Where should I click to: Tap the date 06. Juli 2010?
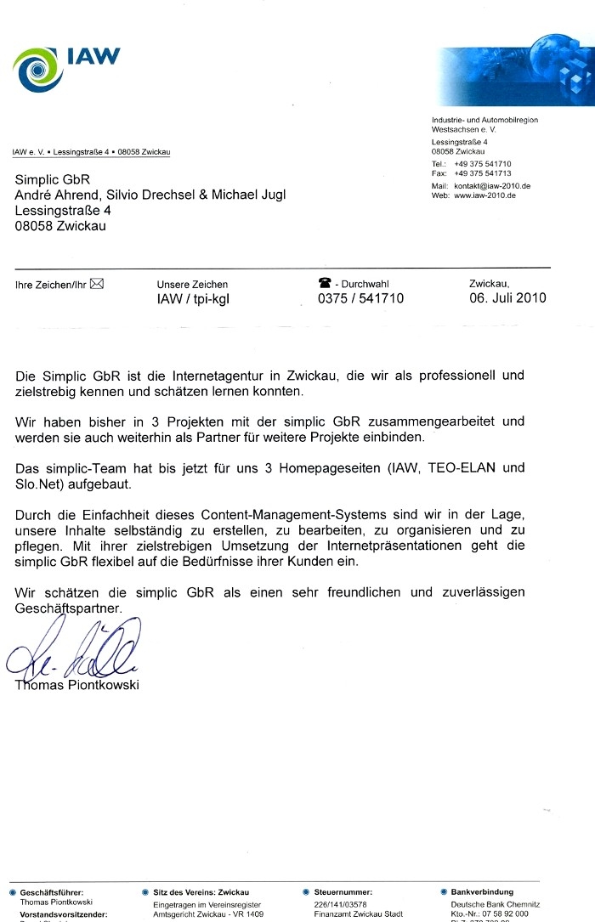[x=507, y=298]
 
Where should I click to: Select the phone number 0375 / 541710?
[x=360, y=298]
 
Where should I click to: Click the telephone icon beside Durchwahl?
[x=324, y=284]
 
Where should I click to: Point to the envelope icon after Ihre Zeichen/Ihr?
[x=96, y=284]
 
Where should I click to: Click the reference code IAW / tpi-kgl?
[x=193, y=299]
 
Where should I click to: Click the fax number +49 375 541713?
[x=483, y=173]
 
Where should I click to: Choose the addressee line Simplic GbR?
[x=52, y=179]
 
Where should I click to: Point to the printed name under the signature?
[x=76, y=686]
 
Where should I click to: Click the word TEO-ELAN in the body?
[x=470, y=467]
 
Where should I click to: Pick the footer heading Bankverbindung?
[x=482, y=892]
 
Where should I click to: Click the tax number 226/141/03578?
[x=340, y=904]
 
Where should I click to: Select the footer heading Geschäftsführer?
[x=52, y=892]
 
